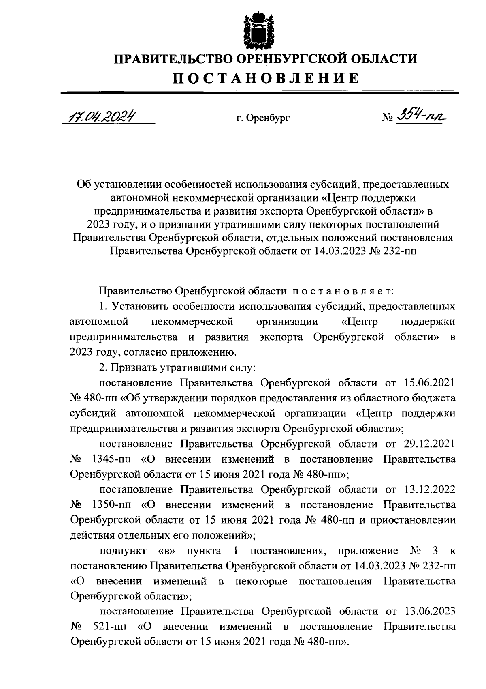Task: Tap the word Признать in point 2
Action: tap(134, 367)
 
